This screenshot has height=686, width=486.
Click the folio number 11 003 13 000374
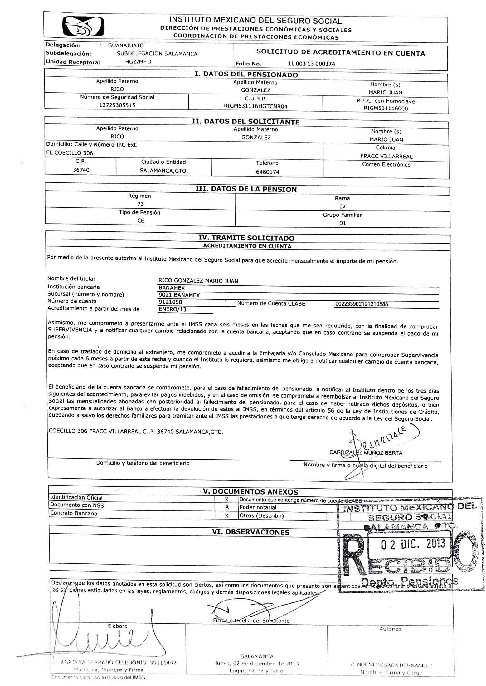311,64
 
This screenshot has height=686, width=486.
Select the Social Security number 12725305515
117,105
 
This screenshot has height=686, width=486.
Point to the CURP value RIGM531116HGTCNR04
255,106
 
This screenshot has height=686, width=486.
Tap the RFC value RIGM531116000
386,109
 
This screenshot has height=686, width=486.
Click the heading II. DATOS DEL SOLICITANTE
245,122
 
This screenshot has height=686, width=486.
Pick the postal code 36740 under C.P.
81,170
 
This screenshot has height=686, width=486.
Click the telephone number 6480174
267,172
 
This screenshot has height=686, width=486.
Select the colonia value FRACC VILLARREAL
386,157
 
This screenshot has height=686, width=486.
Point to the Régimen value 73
140,204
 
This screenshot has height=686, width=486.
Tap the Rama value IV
343,206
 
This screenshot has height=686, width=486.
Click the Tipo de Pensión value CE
141,220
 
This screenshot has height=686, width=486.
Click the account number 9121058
170,302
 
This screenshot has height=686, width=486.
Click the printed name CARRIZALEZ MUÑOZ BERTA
366,453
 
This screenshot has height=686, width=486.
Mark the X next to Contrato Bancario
227,516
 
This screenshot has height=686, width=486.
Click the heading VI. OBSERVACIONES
251,532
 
